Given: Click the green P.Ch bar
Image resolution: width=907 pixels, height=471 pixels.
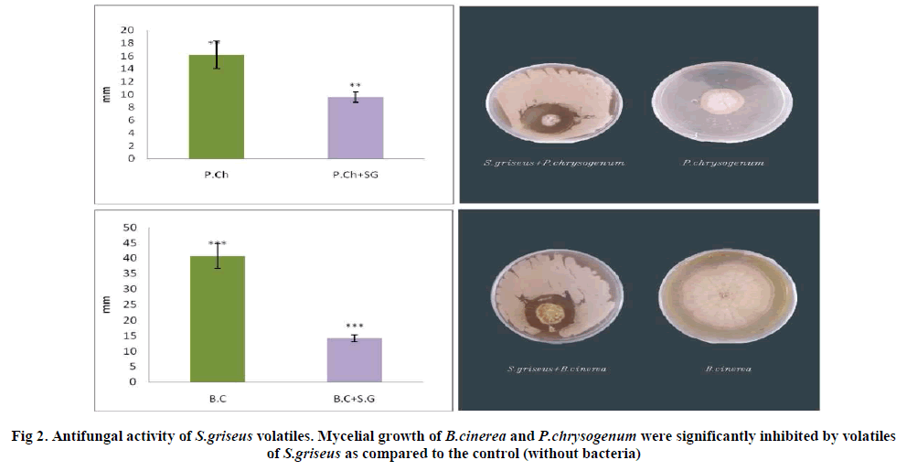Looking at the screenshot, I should click(x=216, y=106).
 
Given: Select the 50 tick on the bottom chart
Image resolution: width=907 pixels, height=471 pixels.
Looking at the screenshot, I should click(x=130, y=227).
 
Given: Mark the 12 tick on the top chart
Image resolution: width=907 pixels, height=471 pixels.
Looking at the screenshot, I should click(x=127, y=81).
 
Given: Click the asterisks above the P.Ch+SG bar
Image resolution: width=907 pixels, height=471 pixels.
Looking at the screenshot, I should click(x=355, y=86).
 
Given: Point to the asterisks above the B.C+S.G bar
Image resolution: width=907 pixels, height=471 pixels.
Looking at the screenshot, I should click(x=355, y=326).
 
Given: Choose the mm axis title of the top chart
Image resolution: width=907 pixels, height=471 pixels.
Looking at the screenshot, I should click(x=107, y=94).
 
